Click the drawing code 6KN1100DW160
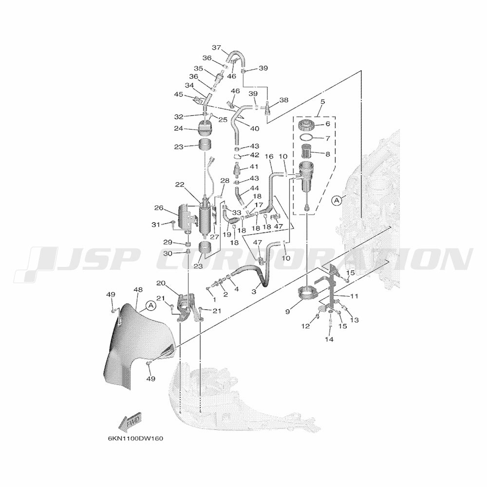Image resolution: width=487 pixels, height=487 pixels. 135,438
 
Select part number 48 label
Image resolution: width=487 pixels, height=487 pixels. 138,290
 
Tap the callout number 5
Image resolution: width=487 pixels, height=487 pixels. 322,101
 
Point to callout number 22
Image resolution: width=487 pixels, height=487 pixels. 180,185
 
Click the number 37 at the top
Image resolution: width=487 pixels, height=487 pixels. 216,47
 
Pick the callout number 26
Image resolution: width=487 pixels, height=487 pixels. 159,208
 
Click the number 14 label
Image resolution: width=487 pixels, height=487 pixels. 330,339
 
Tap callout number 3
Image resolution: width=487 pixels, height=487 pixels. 253,291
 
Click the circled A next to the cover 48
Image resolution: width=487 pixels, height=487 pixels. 150,305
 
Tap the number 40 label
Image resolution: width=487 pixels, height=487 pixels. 254,129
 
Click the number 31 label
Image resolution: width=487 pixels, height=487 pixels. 155,224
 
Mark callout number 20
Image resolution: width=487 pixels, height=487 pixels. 160,283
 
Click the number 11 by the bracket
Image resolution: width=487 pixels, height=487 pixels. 354,296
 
